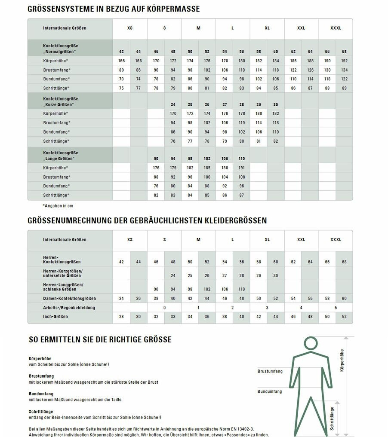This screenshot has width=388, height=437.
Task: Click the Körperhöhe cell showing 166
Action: click(x=121, y=61)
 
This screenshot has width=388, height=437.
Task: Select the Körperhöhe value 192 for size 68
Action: click(x=344, y=61)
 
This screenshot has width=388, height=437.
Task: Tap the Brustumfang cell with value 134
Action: click(x=344, y=70)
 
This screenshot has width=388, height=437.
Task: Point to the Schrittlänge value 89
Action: click(x=344, y=88)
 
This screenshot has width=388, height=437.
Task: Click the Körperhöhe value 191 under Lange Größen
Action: click(x=241, y=168)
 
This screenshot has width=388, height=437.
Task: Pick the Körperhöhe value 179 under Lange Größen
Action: click(x=172, y=168)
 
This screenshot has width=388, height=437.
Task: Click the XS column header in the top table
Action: click(x=130, y=28)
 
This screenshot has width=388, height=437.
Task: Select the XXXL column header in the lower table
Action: click(x=336, y=240)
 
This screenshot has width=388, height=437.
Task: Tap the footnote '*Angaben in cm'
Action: click(x=58, y=206)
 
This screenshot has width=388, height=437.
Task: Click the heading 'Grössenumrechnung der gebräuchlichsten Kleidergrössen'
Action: click(x=147, y=220)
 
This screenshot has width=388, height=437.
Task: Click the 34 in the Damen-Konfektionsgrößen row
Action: click(x=121, y=298)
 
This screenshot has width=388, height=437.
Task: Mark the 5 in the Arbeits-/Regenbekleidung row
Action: click(x=336, y=308)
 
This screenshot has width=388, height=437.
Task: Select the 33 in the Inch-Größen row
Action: click(x=172, y=317)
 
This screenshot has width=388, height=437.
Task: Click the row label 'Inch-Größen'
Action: click(x=55, y=317)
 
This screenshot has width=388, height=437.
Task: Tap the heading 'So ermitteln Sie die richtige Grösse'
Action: click(x=100, y=339)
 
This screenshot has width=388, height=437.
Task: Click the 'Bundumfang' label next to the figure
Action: click(x=270, y=391)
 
